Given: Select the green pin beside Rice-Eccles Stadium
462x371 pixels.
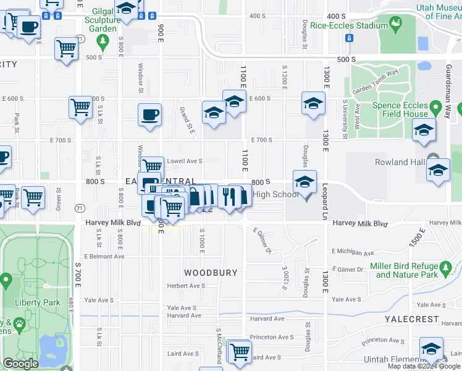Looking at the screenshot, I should point(393,26).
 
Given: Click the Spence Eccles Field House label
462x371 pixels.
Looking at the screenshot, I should point(400,109).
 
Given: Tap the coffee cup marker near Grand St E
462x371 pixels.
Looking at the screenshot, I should point(149,115).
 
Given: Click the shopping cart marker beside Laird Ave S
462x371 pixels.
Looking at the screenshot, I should point(239,351).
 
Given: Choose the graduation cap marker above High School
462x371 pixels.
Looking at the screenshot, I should point(304,182).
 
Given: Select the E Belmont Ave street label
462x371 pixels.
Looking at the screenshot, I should point(104,256).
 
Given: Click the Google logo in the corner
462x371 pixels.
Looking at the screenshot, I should point(20,364).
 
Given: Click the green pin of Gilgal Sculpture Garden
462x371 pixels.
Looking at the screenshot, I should point(103,42).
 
